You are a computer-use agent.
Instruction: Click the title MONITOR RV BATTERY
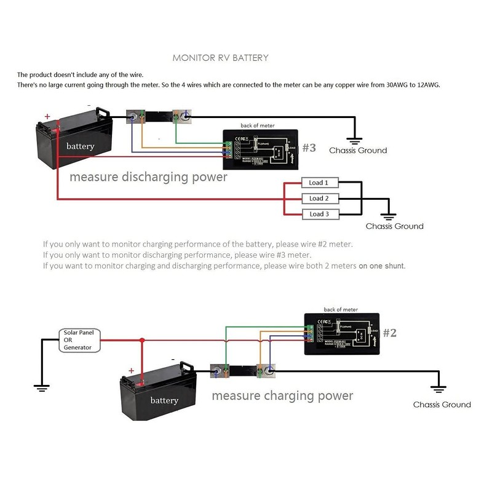tap(220, 58)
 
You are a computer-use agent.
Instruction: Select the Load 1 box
tap(319, 183)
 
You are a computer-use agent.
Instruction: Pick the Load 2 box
tap(319, 198)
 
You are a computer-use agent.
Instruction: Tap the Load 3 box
tap(319, 214)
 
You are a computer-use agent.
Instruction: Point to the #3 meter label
tap(309, 148)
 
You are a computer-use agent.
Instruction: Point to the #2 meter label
tap(390, 333)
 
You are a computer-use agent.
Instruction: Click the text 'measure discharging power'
tap(148, 177)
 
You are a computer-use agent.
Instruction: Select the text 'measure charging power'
tap(282, 395)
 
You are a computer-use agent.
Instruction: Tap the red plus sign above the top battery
tap(47, 116)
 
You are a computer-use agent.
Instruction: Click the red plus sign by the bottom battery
tap(131, 371)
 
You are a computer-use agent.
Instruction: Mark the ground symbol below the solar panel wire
tap(42, 387)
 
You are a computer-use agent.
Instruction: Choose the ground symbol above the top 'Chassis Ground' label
tap(353, 141)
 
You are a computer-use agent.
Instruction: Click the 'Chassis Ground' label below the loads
tap(394, 226)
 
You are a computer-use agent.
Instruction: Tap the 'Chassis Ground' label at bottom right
tap(442, 405)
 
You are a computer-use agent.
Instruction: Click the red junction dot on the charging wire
tap(142, 339)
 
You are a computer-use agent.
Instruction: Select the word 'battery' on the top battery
tap(81, 146)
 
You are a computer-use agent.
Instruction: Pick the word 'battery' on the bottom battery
tap(164, 400)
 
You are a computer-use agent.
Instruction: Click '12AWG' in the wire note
tap(427, 85)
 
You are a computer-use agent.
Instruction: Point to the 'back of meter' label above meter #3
tap(258, 125)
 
